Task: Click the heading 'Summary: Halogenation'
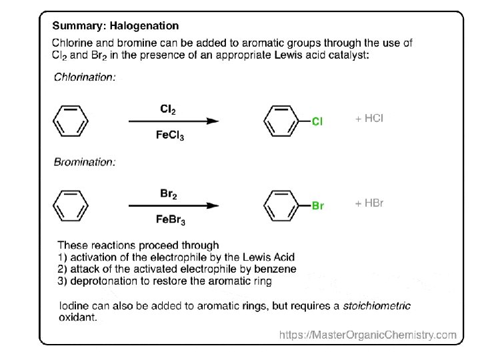tap(115, 26)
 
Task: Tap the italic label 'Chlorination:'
tap(85, 77)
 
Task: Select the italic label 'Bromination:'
tap(84, 162)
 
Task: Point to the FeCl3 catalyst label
tap(170, 136)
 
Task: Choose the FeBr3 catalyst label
tap(170, 221)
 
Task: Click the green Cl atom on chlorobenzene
tap(317, 122)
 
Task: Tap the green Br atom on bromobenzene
tap(318, 206)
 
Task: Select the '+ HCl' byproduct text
tap(369, 119)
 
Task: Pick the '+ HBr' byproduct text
tap(369, 203)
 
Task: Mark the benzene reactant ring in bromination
tap(70, 205)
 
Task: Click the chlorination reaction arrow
tap(173, 121)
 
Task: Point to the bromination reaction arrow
tap(173, 206)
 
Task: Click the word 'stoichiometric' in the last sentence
tap(377, 306)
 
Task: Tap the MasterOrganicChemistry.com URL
tap(368, 335)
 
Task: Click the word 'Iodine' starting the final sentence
tap(74, 306)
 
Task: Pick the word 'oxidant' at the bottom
tap(77, 318)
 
